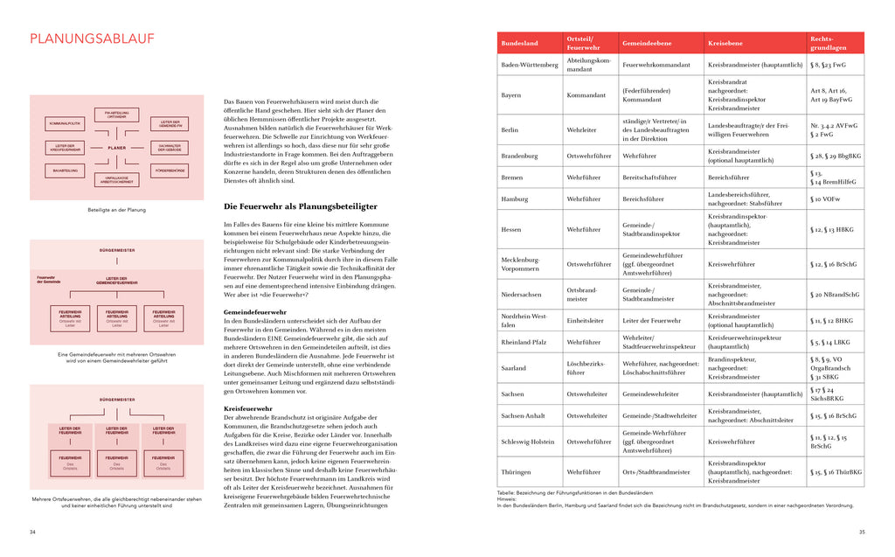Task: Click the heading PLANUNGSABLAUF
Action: click(92, 38)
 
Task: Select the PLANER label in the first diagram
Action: click(117, 148)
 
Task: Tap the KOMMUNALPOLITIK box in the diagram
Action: click(64, 123)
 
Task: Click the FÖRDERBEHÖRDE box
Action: click(170, 169)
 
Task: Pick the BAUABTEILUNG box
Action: click(65, 170)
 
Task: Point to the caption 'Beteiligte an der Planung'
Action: click(117, 210)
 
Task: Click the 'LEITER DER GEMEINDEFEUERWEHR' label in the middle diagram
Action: click(117, 281)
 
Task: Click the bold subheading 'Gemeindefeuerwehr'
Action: click(255, 311)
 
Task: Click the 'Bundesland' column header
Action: click(519, 43)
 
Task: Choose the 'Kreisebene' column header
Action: click(725, 43)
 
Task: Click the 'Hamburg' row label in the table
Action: click(515, 199)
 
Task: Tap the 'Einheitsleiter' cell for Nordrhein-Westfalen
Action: click(586, 320)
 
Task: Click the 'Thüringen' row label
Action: click(516, 471)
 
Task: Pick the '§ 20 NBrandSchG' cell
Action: click(835, 295)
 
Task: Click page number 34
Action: click(33, 532)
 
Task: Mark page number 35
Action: click(861, 532)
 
